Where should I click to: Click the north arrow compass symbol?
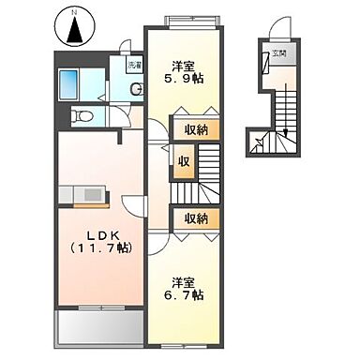coord(73,30)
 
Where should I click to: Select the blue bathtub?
coord(70,85)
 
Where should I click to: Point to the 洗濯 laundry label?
coord(136,66)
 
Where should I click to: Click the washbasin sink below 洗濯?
coord(137,89)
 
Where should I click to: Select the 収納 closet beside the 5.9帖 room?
coord(195,129)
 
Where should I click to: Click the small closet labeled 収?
coord(183,159)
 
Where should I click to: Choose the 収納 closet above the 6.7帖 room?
coord(195,217)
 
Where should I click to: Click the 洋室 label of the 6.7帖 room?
coord(184,279)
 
